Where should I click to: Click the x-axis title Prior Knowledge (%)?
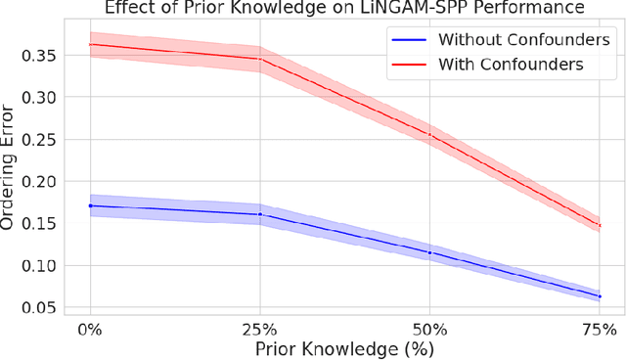[344, 348]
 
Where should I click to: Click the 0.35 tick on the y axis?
[42, 55]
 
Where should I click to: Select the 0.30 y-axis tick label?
[42, 97]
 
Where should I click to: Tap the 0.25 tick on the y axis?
[42, 139]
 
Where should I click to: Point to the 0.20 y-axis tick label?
[42, 181]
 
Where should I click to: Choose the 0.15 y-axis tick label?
[42, 223]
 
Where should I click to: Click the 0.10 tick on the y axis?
[42, 265]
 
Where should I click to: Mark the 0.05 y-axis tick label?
[42, 307]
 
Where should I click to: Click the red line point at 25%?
[260, 59]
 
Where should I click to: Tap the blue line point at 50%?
[429, 252]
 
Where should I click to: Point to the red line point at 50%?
[429, 135]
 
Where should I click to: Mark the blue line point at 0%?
[90, 205]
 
